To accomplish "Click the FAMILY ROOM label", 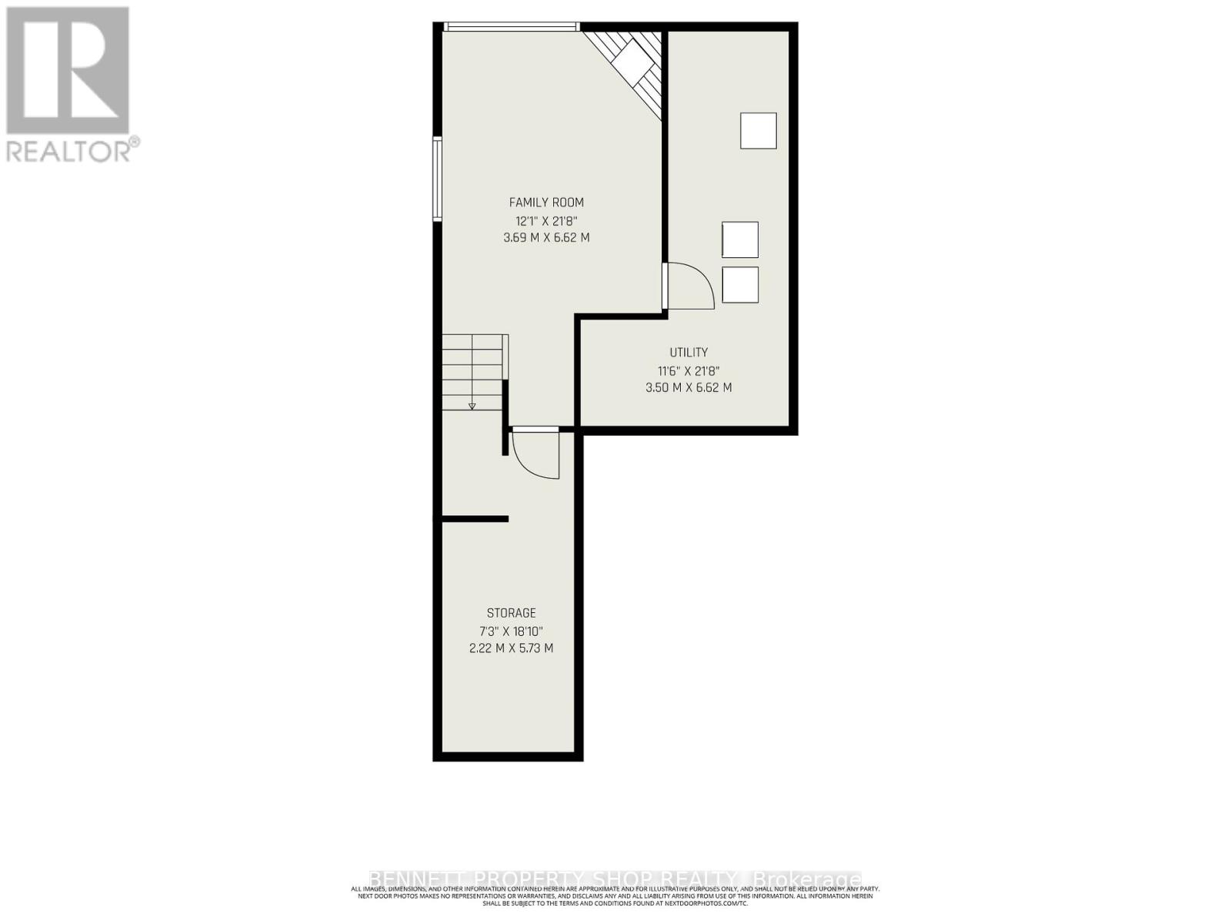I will (x=546, y=203).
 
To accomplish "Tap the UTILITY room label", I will (x=689, y=353).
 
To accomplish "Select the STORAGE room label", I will (x=511, y=613).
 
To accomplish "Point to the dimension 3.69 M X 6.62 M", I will (x=546, y=238).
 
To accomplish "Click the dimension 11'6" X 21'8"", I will (x=689, y=370).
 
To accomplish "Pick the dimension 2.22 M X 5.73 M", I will (x=511, y=648).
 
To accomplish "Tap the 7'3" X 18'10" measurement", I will (x=511, y=631).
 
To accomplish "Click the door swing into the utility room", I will (x=690, y=286).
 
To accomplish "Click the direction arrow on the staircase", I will (x=472, y=405).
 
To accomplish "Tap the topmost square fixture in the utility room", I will (x=758, y=131).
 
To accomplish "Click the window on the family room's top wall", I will (x=511, y=27).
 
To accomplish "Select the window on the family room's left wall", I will (x=437, y=179).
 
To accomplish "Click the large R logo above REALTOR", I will (x=68, y=70).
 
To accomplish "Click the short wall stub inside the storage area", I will (x=475, y=519).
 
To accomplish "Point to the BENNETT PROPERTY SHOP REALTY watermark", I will (x=615, y=879).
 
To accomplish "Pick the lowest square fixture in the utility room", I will (x=740, y=285).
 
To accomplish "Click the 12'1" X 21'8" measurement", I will (x=546, y=220).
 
